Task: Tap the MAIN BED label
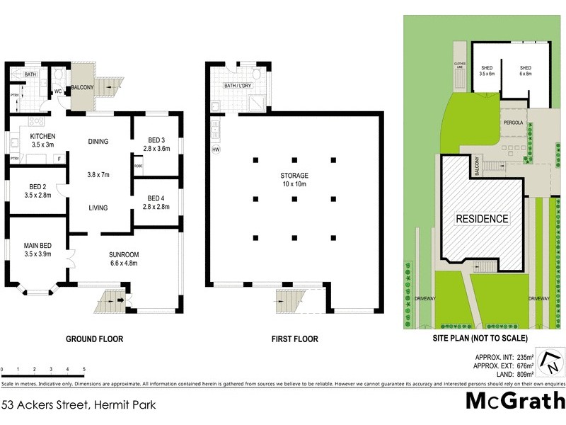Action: click(x=37, y=249)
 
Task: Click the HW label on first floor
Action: click(x=214, y=149)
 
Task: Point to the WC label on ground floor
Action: click(x=59, y=91)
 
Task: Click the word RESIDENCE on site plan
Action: click(x=481, y=219)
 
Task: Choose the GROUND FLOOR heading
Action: click(x=94, y=339)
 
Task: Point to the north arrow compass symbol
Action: click(x=550, y=362)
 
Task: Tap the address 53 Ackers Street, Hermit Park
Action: click(x=78, y=406)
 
